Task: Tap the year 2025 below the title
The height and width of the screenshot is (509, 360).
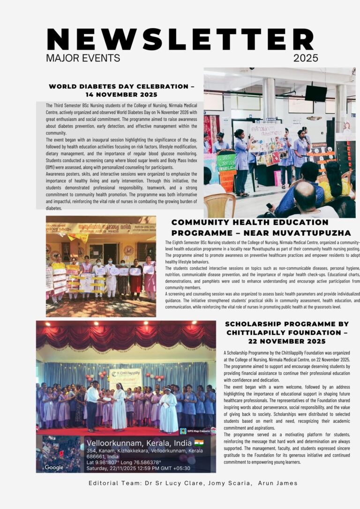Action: coord(306,58)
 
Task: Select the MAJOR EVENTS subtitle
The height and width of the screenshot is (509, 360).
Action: coord(83,58)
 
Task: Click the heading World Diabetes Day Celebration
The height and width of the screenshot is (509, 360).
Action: coord(119,86)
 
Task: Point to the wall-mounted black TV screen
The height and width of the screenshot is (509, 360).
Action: coord(315,93)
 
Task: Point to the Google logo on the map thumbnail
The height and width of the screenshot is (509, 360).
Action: coord(54,467)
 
